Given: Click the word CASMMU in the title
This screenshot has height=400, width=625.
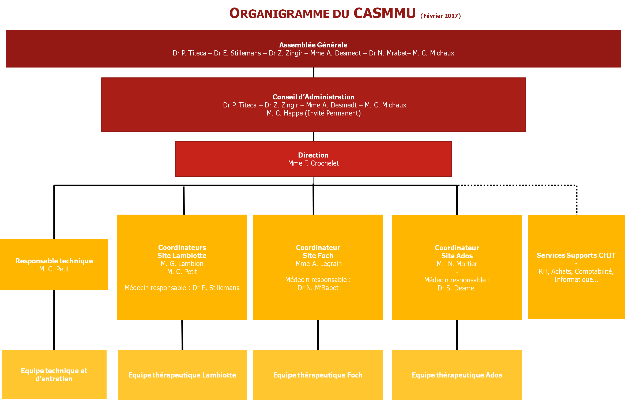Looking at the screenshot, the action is click(x=385, y=13).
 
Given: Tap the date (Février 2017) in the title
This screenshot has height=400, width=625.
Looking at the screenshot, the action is click(x=440, y=16).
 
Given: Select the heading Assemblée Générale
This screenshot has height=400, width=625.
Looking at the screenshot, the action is click(x=313, y=45).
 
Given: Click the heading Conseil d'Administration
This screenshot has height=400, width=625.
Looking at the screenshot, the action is click(x=314, y=97).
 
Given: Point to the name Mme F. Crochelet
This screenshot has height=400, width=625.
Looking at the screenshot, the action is click(x=313, y=163).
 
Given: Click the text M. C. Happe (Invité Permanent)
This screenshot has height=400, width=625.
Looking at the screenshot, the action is click(x=314, y=113).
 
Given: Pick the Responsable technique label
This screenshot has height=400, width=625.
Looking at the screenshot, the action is click(x=54, y=261).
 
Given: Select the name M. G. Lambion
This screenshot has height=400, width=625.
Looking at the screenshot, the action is click(x=182, y=264).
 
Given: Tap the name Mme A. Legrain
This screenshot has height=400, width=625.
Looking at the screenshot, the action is click(x=319, y=264).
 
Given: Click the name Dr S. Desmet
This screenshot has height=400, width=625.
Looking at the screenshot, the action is click(x=457, y=288).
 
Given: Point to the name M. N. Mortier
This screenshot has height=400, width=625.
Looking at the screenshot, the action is click(x=457, y=264).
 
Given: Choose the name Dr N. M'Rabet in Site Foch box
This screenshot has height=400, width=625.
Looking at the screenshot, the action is click(x=318, y=288).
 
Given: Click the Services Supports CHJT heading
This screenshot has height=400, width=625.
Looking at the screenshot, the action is click(x=576, y=255).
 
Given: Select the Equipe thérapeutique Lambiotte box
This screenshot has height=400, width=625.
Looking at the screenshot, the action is click(x=182, y=375).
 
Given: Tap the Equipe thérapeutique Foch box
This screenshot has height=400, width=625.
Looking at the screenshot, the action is click(x=318, y=375).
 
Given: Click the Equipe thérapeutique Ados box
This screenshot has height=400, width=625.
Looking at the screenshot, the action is click(x=457, y=375).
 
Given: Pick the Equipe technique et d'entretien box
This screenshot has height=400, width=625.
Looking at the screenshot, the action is click(x=54, y=374).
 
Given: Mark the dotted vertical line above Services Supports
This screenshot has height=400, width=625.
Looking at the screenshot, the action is click(x=577, y=200).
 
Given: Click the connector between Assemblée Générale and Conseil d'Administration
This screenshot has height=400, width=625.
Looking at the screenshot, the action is click(x=314, y=73).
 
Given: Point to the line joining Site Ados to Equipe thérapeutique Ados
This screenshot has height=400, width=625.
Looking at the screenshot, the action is click(x=457, y=335).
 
